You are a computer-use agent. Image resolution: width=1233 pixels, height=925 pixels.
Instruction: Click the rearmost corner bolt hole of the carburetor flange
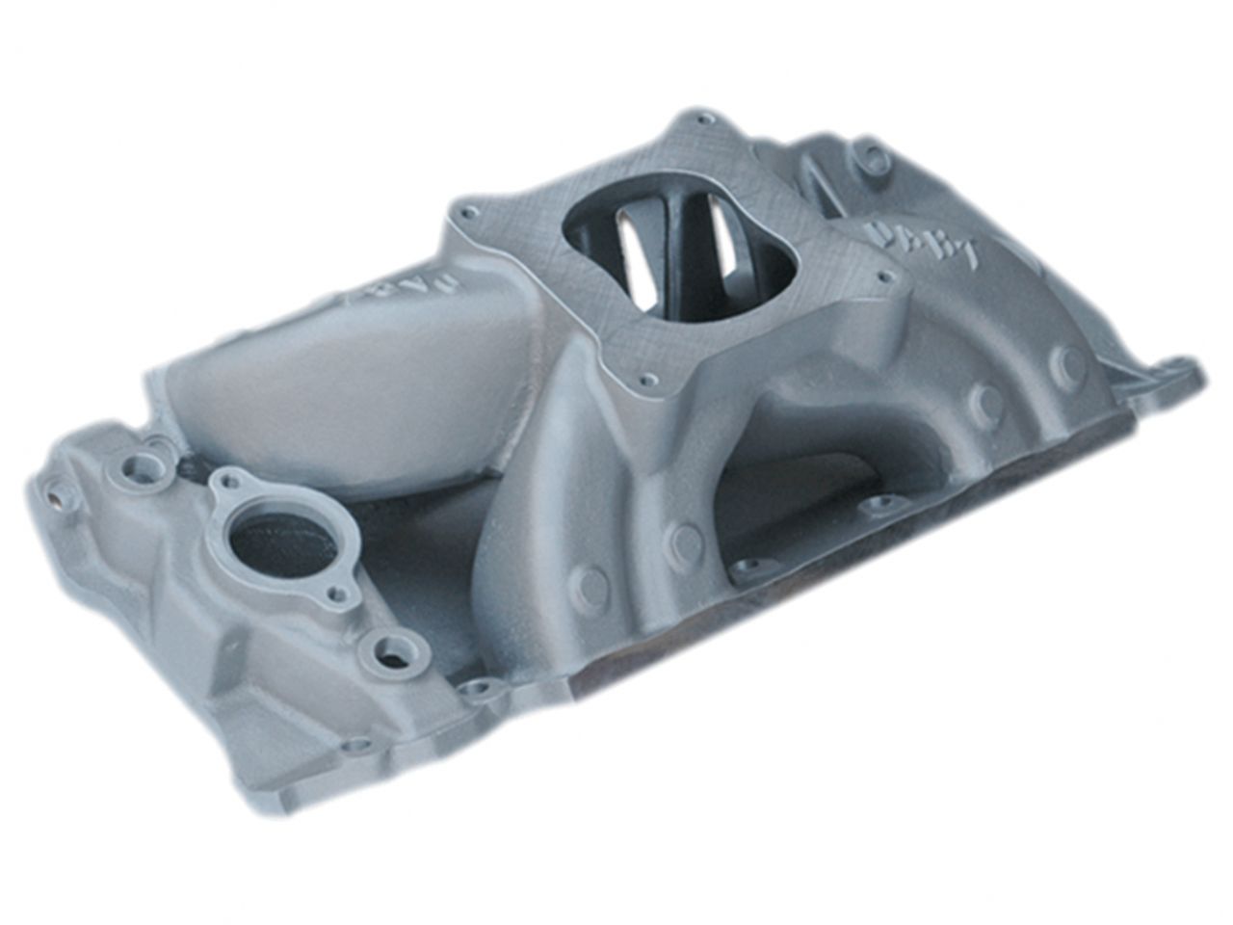(706, 120)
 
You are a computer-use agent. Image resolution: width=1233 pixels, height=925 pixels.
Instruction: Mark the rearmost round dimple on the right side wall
(1068, 363)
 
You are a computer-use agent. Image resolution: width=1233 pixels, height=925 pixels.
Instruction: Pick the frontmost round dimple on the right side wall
(590, 583)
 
